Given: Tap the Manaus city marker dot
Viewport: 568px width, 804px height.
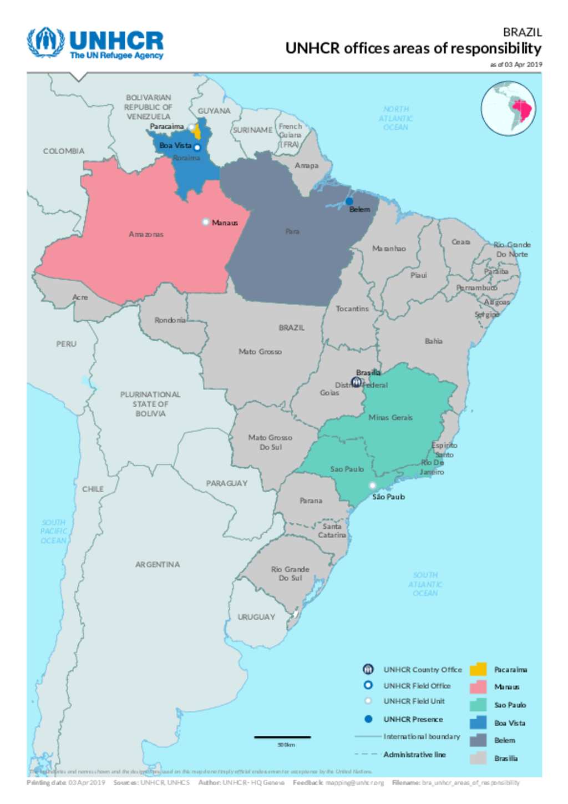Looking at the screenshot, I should pyautogui.click(x=206, y=222).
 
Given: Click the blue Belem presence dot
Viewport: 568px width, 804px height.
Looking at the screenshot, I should pyautogui.click(x=349, y=201).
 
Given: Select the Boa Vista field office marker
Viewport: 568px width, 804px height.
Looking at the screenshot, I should pyautogui.click(x=197, y=148).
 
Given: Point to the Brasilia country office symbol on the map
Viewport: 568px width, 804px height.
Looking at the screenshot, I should pyautogui.click(x=357, y=382).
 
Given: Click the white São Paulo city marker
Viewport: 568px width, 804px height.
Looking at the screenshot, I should pyautogui.click(x=373, y=486).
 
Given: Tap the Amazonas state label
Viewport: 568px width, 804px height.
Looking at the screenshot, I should pyautogui.click(x=146, y=234).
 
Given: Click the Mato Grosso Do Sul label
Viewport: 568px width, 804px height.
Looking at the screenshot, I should pyautogui.click(x=270, y=442).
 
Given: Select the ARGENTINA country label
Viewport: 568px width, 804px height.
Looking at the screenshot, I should pyautogui.click(x=158, y=564).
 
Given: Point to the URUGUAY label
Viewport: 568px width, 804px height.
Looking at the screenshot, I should pyautogui.click(x=256, y=616).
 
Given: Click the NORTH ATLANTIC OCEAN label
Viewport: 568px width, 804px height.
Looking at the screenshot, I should pyautogui.click(x=395, y=118).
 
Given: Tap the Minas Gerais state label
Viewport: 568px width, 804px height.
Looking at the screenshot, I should pyautogui.click(x=390, y=417).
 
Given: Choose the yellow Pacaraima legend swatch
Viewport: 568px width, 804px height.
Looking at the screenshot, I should pyautogui.click(x=478, y=669).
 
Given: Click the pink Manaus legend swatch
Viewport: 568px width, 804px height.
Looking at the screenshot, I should pyautogui.click(x=478, y=687).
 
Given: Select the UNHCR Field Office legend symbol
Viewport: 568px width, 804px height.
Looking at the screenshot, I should pyautogui.click(x=368, y=685).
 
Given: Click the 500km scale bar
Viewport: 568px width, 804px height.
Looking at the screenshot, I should pyautogui.click(x=282, y=737).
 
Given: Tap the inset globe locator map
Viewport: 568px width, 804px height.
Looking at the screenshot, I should pyautogui.click(x=508, y=109).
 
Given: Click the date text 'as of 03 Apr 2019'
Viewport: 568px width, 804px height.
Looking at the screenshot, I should pyautogui.click(x=516, y=64).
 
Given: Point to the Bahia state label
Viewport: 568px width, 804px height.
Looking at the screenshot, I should pyautogui.click(x=434, y=341).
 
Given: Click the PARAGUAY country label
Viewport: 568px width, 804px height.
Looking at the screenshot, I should pyautogui.click(x=227, y=483).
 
